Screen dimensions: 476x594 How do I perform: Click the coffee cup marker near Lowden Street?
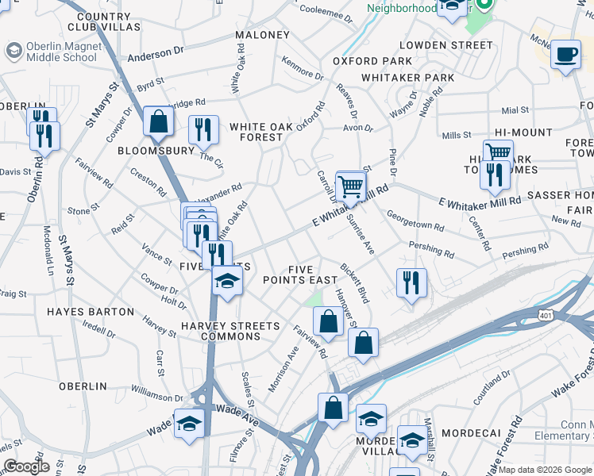565,54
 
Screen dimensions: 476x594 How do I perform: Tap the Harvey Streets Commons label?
230,331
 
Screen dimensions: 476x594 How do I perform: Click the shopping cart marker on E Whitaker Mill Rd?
350,188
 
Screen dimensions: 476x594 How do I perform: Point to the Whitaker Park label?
407,78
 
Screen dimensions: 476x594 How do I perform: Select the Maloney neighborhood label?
263,36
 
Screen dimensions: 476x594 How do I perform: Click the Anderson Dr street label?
155,54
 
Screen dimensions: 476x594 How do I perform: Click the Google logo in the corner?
26,467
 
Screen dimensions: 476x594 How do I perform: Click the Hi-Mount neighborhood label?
523,132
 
